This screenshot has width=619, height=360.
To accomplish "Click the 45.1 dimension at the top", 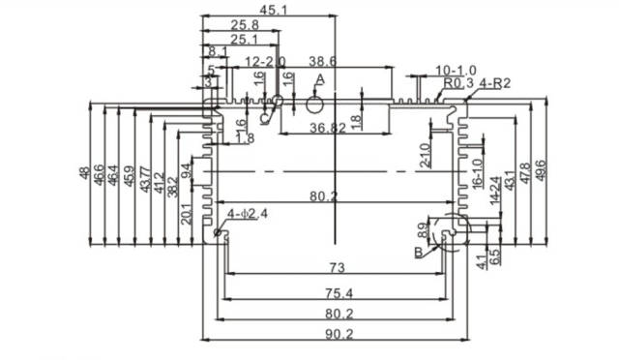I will (270, 10).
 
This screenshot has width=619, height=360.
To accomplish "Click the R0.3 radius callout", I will (456, 83).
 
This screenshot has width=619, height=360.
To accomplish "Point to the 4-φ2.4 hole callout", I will (247, 213).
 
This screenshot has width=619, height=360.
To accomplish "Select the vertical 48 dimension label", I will (84, 174).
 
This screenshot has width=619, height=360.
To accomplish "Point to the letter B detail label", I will (418, 253).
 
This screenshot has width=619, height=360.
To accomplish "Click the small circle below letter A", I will (315, 104).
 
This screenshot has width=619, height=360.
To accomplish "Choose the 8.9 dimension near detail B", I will (423, 231).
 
